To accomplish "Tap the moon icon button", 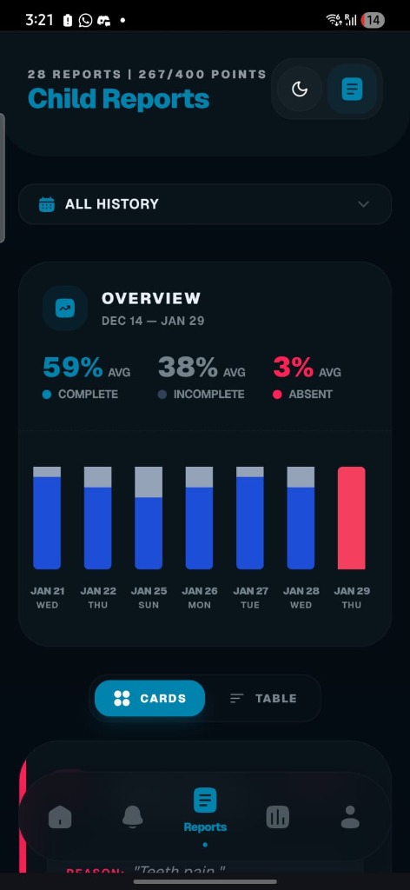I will point(300,89).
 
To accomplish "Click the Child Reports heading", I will point(118,99).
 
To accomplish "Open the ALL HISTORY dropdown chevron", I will point(363,204).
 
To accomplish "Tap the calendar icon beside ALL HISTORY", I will point(47,204).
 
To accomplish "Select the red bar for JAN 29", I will point(352,518).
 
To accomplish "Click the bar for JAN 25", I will point(149,518).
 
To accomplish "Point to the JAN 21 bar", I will point(47,518).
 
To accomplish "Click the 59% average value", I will point(73,368).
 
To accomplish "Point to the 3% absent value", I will point(293,368).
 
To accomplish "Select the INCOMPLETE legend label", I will point(208,395).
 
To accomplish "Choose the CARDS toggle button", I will point(149,698).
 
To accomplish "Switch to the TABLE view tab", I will point(263,698).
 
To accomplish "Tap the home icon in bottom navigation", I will point(60,817).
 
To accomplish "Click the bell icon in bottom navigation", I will point(132,817).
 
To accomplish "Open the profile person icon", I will point(350,817).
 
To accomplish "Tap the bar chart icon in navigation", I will point(278,817).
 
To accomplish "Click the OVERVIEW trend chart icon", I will point(65,308).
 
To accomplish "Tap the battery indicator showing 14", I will point(373,19).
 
